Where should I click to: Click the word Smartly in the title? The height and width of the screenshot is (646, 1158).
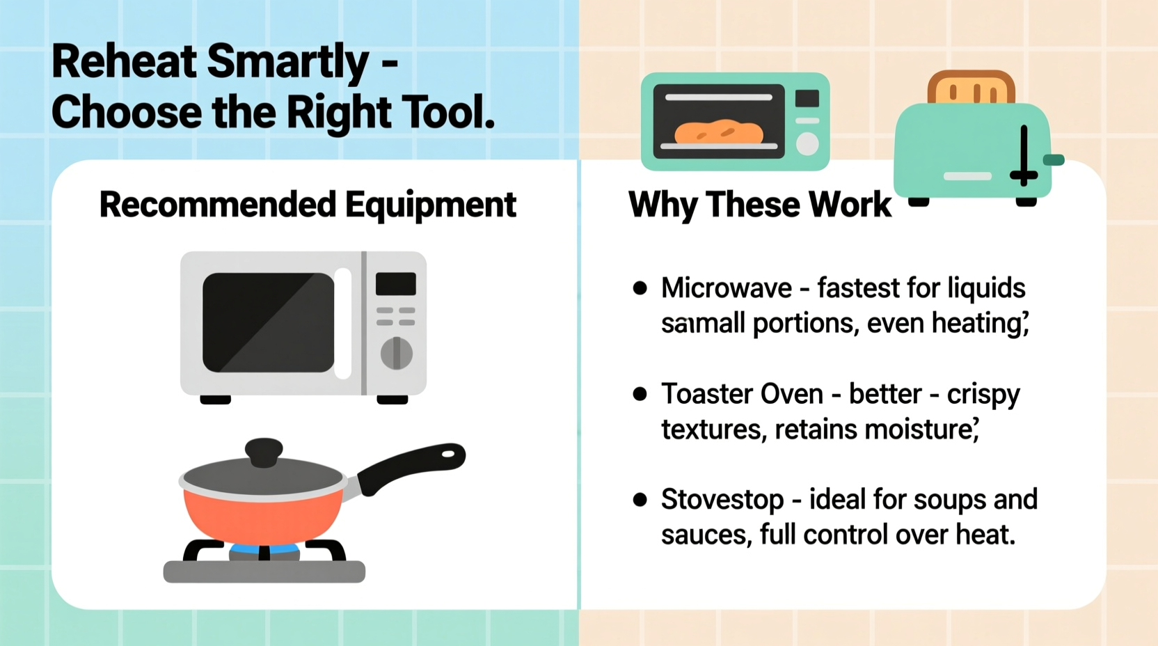point(288,63)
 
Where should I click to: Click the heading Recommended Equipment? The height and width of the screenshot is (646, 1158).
point(308,205)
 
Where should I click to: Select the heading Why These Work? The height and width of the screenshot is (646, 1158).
point(759,205)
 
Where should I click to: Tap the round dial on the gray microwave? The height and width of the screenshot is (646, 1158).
point(396,353)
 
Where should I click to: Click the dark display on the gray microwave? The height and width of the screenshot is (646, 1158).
point(396,284)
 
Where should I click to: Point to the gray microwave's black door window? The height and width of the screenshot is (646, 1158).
point(268,322)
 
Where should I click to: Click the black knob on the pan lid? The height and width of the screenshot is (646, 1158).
point(264,452)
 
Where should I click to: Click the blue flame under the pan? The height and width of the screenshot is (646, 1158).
point(264,550)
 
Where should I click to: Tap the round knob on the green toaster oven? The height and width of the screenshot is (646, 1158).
point(807,143)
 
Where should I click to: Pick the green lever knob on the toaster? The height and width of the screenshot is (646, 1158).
point(1054,160)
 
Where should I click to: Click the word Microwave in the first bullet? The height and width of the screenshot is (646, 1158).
point(726,288)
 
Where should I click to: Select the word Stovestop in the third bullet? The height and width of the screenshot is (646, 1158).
point(722,500)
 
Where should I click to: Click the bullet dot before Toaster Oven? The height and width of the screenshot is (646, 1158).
point(640,394)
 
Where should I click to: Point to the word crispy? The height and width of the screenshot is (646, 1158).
point(983,395)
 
